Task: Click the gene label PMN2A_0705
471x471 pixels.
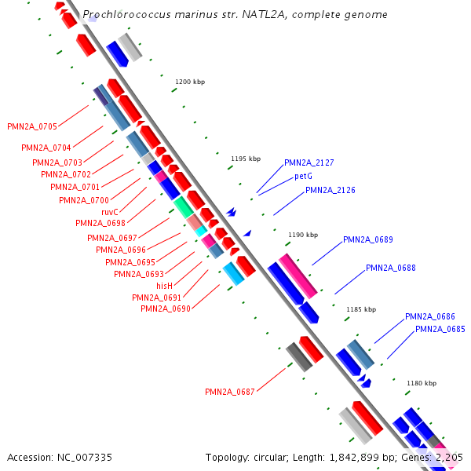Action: (x=32, y=126)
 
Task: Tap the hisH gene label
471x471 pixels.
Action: (x=164, y=287)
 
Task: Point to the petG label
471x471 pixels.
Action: (x=304, y=177)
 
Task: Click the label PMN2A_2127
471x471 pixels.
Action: (x=309, y=163)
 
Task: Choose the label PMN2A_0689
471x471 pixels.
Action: (x=368, y=240)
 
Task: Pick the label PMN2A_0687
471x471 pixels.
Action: (x=230, y=392)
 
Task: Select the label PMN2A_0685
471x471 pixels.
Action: (x=440, y=329)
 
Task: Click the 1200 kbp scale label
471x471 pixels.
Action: (x=189, y=82)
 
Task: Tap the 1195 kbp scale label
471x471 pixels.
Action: (x=246, y=159)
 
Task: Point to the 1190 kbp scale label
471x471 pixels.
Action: (x=303, y=235)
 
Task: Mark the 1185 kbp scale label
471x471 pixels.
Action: (x=361, y=310)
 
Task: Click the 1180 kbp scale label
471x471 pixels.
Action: (x=420, y=383)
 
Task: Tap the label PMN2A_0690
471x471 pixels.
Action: (x=166, y=309)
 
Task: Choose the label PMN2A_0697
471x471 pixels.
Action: (x=112, y=238)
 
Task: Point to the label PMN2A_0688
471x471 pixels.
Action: (x=391, y=268)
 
